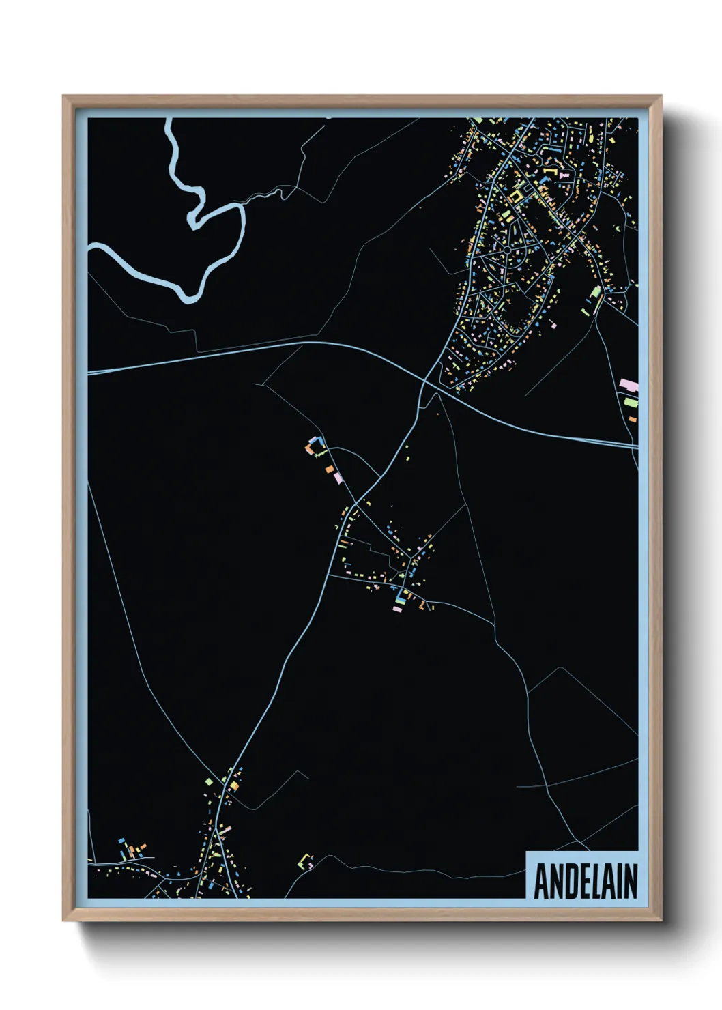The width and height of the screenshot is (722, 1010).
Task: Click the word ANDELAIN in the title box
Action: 585,881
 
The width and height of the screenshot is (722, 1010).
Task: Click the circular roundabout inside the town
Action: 508,250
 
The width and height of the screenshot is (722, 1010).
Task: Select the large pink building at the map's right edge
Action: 629,386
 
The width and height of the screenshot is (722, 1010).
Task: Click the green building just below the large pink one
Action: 631,403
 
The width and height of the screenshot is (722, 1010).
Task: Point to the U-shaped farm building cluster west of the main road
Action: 315,447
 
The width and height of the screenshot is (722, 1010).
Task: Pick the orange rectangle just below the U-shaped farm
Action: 330,470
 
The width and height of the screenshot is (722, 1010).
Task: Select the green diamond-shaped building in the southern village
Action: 209,781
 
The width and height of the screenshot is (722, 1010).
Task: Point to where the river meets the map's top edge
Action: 169,119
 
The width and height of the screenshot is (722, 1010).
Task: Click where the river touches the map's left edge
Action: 90,248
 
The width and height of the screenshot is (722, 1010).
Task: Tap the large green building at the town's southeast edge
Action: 595,293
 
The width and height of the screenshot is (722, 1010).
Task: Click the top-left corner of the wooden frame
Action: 64,97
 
